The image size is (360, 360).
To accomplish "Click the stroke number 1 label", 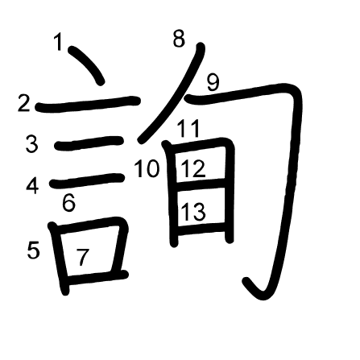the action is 58,42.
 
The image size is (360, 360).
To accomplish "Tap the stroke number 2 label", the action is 23,103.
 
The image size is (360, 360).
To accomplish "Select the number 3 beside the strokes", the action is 32,144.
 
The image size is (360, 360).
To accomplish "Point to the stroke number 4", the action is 32,186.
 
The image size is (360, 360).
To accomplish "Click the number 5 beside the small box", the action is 34,250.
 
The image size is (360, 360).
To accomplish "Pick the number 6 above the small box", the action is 68,203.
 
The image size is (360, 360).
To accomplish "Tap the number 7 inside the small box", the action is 82,257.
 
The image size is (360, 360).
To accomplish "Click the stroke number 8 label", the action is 179,39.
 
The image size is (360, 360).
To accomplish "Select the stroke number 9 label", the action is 213,83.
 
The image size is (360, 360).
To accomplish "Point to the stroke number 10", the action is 147,168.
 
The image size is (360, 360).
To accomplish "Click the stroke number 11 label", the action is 188,128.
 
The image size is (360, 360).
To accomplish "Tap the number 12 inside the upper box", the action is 192,168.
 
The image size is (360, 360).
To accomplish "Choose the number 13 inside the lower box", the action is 193,211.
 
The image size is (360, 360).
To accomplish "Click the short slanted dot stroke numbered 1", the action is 87,64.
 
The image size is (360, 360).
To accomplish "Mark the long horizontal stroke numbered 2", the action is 88,104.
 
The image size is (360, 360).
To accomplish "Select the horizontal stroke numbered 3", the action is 89,143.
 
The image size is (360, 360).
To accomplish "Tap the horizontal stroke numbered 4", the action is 87,180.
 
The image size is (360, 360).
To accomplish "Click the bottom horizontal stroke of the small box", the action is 95,276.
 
